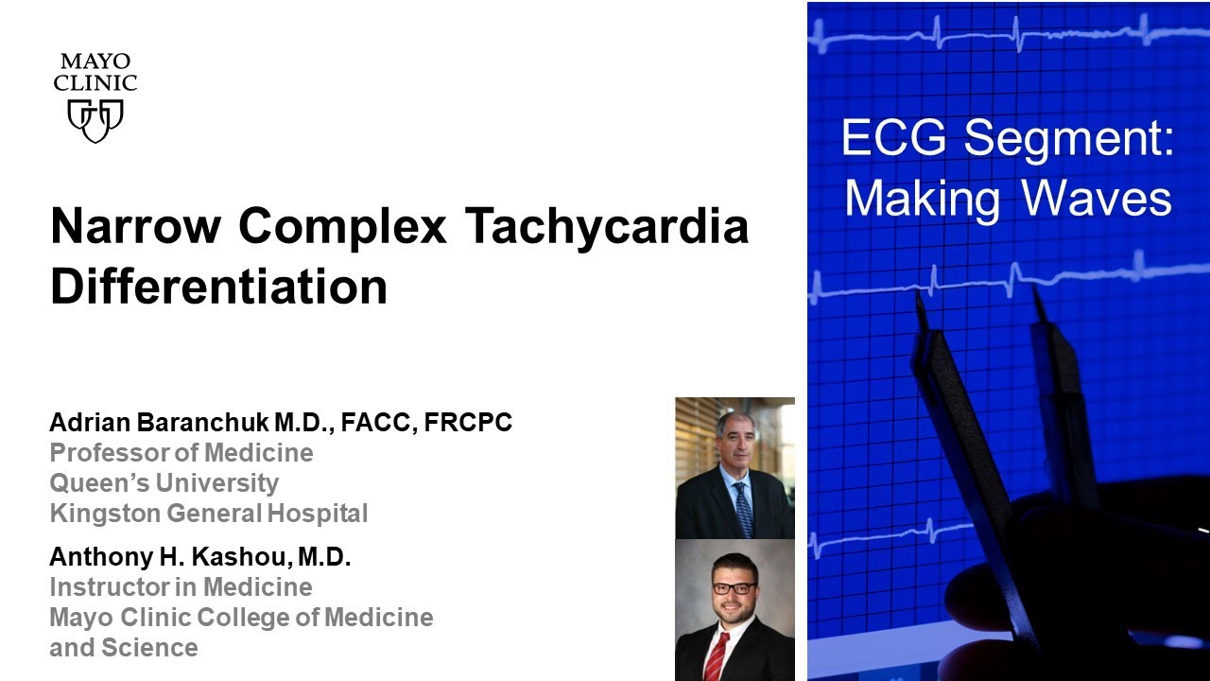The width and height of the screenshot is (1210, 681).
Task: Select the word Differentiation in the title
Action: tap(218, 286)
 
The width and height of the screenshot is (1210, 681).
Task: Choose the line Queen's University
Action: tap(164, 483)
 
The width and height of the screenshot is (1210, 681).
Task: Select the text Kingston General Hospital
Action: tap(208, 514)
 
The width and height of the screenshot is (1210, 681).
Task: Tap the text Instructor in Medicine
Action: tap(181, 587)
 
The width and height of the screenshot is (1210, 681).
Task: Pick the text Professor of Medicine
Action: tap(181, 453)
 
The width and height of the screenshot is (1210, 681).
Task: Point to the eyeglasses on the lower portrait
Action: tap(734, 587)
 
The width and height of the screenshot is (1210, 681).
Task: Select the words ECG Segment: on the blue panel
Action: tap(1008, 140)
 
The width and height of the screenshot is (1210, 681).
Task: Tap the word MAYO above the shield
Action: tap(95, 62)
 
